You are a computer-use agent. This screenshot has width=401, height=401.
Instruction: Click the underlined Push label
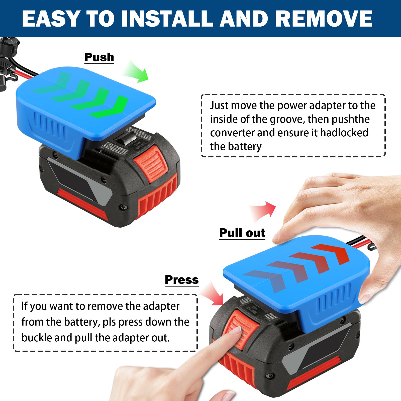point(99,57)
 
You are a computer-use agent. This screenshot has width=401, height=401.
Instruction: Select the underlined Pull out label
point(242,233)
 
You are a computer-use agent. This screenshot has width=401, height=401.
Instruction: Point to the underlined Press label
point(182,280)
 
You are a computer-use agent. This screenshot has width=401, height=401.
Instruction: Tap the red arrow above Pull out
point(263,211)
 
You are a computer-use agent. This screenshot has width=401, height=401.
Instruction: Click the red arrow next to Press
point(213,293)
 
